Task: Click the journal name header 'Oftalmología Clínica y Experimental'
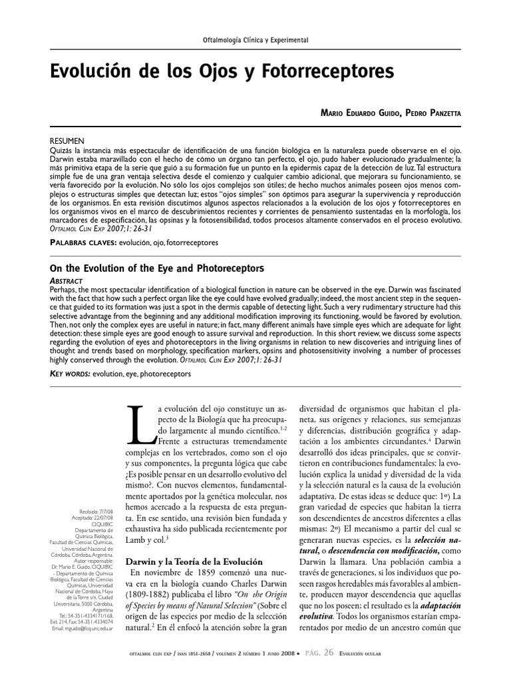click(x=255, y=40)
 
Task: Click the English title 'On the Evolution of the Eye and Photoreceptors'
click(x=157, y=268)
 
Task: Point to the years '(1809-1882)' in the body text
click(x=154, y=591)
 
